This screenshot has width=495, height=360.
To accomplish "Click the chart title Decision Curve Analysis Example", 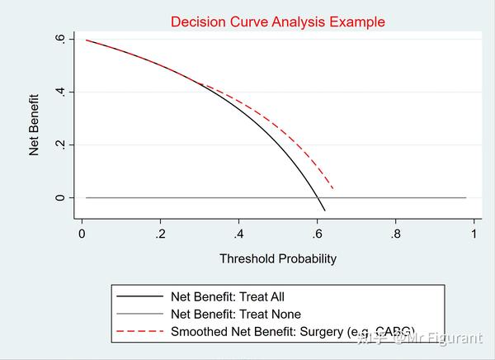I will click(x=277, y=21).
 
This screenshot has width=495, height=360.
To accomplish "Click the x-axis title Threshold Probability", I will click(x=278, y=258).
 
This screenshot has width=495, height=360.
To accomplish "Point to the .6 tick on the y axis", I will click(x=59, y=38).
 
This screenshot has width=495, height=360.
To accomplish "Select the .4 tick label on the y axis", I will click(x=59, y=92).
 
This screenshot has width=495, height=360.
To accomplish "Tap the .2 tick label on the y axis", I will click(x=59, y=144).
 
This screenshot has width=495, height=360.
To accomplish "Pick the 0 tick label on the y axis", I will click(x=59, y=198).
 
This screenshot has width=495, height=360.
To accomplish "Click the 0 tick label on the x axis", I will click(x=82, y=234).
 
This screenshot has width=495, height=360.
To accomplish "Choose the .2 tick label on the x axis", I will click(x=160, y=234).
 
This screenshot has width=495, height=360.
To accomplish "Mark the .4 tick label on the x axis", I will click(x=238, y=234).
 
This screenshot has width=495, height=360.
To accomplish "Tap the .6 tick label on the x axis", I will click(x=318, y=234).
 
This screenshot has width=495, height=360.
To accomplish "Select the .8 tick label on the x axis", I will click(x=396, y=234).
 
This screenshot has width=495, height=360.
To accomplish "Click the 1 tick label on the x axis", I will click(x=474, y=234).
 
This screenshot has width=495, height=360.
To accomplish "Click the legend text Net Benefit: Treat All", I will click(x=228, y=296).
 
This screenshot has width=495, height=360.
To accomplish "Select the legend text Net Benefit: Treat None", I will click(x=235, y=314).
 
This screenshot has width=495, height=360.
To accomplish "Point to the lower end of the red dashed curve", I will click(x=333, y=189).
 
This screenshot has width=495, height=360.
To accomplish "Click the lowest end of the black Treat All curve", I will click(x=325, y=211).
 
